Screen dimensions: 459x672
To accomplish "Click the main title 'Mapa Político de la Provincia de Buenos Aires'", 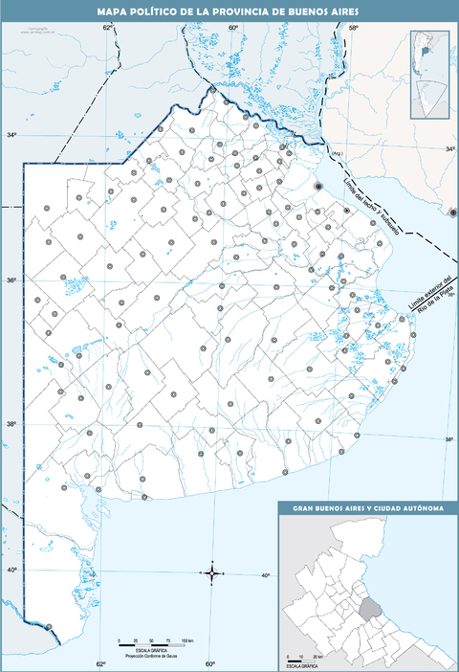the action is click(229, 11).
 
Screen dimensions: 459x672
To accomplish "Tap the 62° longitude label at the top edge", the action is click(108, 28).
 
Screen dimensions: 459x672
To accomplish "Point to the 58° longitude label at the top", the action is click(352, 28).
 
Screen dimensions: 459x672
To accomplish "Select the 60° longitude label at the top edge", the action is click(232, 28).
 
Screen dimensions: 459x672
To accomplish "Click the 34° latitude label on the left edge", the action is click(11, 136).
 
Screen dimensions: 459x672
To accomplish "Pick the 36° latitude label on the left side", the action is click(11, 280).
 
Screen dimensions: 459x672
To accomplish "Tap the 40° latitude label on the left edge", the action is click(11, 571).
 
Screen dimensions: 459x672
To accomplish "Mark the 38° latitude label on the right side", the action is click(448, 439).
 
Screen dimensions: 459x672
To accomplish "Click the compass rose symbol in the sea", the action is click(212, 572).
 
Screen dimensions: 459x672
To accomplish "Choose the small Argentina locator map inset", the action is click(429, 75).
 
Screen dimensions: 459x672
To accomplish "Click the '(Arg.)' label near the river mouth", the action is click(336, 153).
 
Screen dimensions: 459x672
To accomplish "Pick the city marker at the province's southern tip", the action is click(48, 627).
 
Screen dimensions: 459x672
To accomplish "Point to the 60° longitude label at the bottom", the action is click(209, 663).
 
